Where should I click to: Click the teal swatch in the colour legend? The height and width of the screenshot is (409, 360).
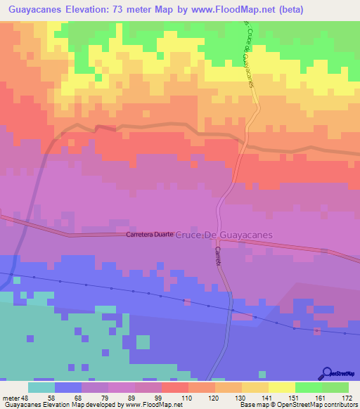tap(41, 387)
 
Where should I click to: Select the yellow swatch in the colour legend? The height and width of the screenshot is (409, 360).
tap(281, 387)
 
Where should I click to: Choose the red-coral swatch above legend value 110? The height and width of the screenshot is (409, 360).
tap(174, 387)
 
